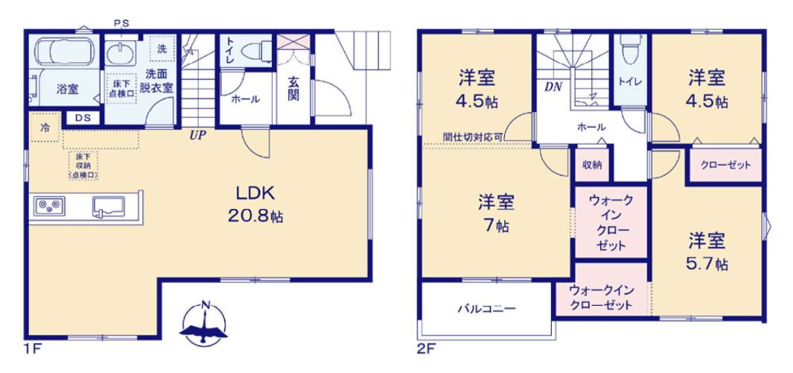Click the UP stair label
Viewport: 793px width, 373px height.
197,135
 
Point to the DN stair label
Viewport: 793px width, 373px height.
552,87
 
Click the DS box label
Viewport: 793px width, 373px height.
81,117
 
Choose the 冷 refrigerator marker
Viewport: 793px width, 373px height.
45,127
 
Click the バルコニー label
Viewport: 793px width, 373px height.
486,308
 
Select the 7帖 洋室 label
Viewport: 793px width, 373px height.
495,213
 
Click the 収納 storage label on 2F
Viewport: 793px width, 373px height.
593,165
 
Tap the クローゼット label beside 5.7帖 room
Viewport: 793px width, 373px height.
726,165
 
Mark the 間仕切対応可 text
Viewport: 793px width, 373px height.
473,137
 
